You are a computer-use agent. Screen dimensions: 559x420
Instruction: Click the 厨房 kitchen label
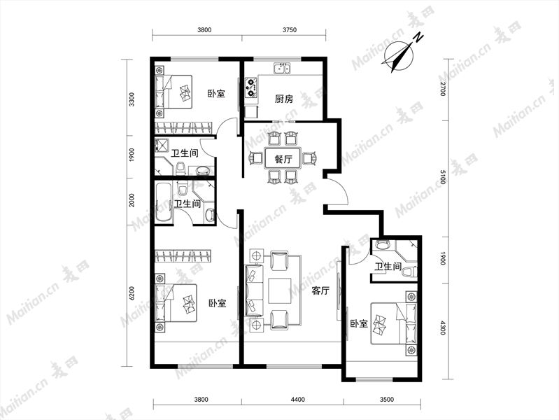(x=284, y=99)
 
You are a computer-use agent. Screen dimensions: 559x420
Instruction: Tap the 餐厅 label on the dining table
(x=283, y=159)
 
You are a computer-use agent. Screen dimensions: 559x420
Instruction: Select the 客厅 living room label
(x=320, y=290)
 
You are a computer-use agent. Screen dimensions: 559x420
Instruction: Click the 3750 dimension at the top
(x=290, y=30)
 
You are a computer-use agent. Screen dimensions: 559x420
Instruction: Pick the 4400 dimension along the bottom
(x=298, y=399)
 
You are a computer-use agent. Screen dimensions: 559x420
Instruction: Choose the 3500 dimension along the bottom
(x=387, y=399)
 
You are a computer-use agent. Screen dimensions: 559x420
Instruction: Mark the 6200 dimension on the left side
(x=132, y=293)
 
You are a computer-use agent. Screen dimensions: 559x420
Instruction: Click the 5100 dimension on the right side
(x=443, y=177)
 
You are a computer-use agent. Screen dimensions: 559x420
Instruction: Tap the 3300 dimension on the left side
(x=132, y=99)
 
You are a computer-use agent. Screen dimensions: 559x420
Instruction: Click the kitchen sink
(x=282, y=68)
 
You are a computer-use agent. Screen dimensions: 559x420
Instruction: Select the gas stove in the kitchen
(x=251, y=87)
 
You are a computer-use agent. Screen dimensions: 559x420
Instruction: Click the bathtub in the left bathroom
(x=164, y=203)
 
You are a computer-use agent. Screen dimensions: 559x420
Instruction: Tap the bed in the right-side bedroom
(x=394, y=323)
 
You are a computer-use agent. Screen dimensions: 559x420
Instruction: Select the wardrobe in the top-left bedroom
(x=184, y=127)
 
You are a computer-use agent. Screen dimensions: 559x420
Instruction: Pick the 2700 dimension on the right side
(x=443, y=89)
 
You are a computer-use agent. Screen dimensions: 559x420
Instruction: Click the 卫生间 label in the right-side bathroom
(x=388, y=266)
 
